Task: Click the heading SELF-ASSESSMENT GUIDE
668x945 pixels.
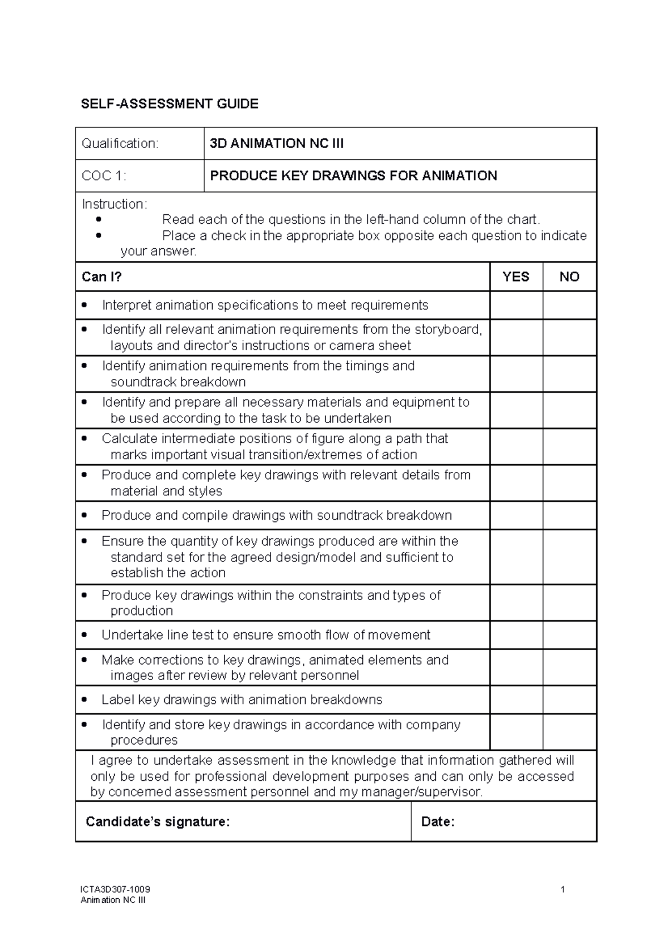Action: pyautogui.click(x=169, y=104)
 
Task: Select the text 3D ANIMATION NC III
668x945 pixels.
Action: pyautogui.click(x=276, y=144)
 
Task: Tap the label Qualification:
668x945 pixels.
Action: pyautogui.click(x=120, y=144)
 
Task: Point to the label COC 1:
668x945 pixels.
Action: pyautogui.click(x=104, y=176)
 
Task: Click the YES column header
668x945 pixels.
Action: pyautogui.click(x=515, y=277)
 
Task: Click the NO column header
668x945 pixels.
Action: pyautogui.click(x=569, y=277)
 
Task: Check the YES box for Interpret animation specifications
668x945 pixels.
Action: pyautogui.click(x=516, y=305)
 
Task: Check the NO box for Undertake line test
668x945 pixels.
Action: pyautogui.click(x=569, y=635)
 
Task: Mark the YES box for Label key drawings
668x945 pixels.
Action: pyautogui.click(x=516, y=700)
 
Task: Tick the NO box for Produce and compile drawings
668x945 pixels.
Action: pyautogui.click(x=569, y=515)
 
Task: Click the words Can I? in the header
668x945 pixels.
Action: pyautogui.click(x=101, y=277)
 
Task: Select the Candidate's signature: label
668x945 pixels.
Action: pyautogui.click(x=158, y=822)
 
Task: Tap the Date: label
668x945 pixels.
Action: pyautogui.click(x=438, y=822)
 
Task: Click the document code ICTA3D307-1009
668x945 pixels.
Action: pyautogui.click(x=115, y=889)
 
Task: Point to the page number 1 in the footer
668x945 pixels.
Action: pyautogui.click(x=563, y=889)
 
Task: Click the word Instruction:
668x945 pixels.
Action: pyautogui.click(x=115, y=204)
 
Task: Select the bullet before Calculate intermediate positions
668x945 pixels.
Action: pyautogui.click(x=84, y=439)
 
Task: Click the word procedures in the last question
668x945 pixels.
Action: pyautogui.click(x=144, y=740)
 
